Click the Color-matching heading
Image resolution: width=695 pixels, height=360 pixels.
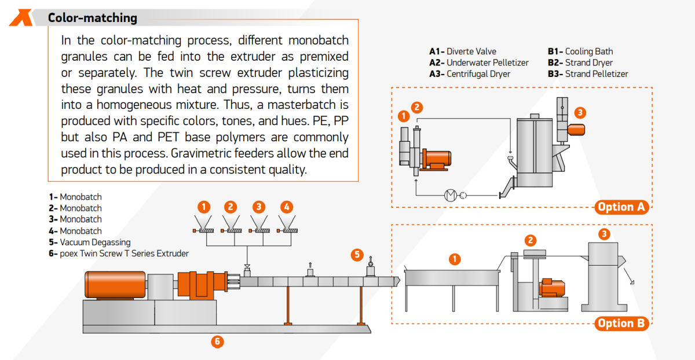coord(93,18)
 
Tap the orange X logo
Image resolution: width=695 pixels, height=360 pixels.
coord(21,17)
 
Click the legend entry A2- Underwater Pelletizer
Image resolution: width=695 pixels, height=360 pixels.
coord(478,63)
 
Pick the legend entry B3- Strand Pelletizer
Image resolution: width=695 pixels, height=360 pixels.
coord(588,74)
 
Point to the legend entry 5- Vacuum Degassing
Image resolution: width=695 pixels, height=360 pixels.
coord(90,243)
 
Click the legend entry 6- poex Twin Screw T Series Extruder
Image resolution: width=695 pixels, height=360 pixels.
coord(119,254)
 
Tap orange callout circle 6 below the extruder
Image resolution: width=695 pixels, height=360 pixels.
coord(217,342)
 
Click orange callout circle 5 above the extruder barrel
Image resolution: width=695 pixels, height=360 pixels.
coord(357,254)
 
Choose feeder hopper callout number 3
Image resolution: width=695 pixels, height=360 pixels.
coord(259,207)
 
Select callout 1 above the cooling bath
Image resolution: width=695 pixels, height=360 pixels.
coord(455,259)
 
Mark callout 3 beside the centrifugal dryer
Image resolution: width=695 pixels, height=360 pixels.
coord(580,113)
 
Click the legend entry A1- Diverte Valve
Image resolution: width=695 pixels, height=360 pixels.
coord(463,52)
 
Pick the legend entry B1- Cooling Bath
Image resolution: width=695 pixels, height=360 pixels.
coord(580,52)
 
